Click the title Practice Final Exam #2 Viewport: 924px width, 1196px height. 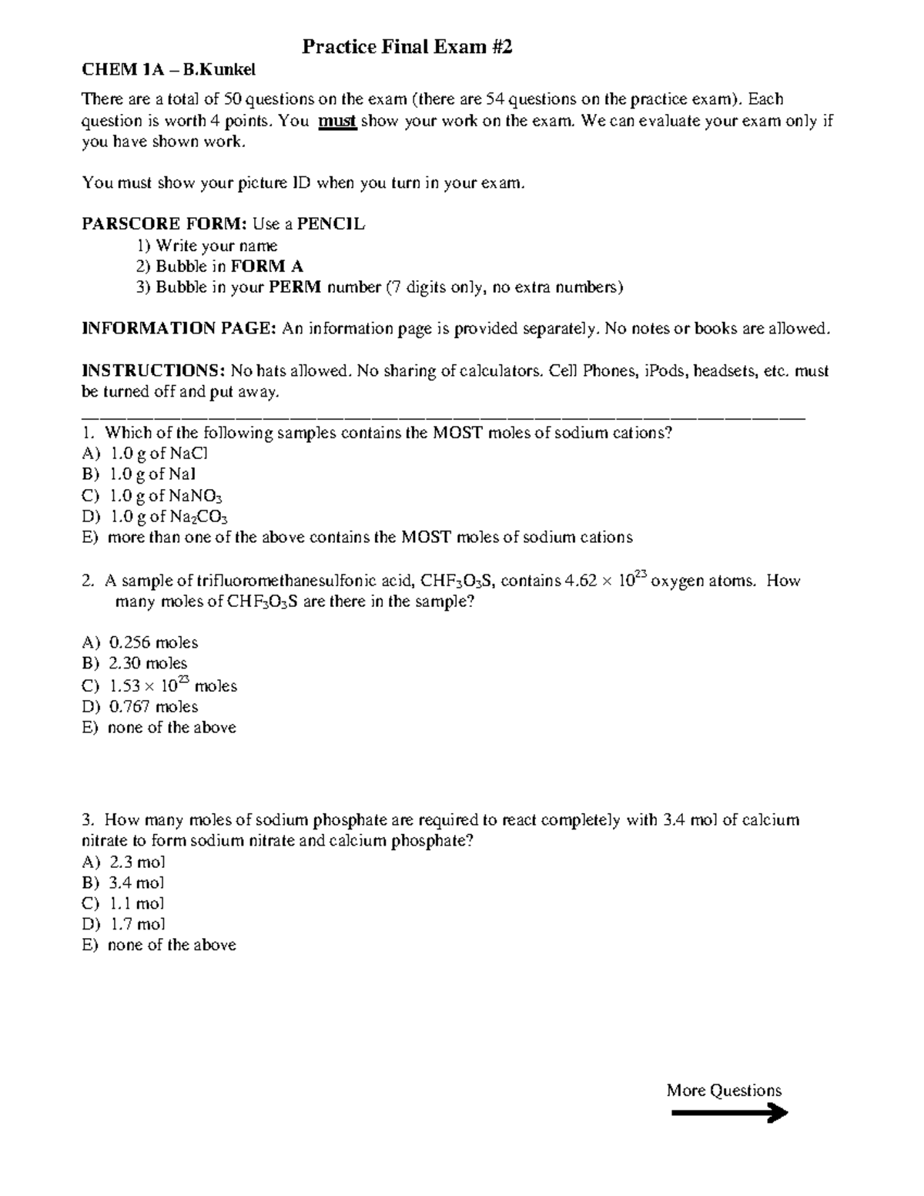[407, 48]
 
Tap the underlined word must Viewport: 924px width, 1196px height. [337, 121]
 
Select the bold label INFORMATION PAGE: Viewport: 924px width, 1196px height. [179, 329]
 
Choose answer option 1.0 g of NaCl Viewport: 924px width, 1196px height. [159, 454]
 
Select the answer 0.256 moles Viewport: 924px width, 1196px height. [153, 642]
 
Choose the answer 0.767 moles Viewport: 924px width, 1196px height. [153, 706]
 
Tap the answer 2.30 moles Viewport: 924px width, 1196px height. [148, 663]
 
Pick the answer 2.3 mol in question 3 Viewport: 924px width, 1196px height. [138, 862]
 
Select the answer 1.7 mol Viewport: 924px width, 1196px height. [138, 924]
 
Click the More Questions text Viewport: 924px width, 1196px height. [724, 1090]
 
